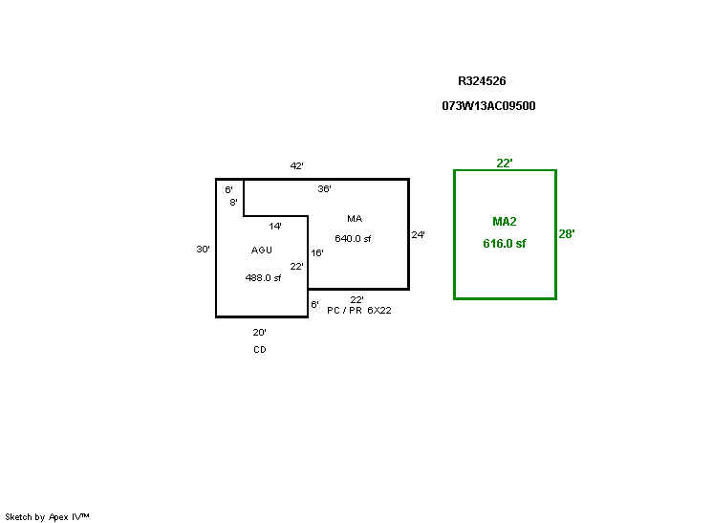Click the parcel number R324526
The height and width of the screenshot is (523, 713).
tap(487, 81)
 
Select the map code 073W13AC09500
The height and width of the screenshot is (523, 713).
tap(488, 106)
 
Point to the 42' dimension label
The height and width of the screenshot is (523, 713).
tap(297, 166)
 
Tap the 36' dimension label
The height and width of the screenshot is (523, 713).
tap(325, 189)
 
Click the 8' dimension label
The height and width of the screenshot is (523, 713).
tap(233, 203)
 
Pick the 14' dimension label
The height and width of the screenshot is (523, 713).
tap(275, 227)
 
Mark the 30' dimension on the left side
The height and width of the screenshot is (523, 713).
tap(203, 250)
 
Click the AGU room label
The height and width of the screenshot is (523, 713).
tap(262, 251)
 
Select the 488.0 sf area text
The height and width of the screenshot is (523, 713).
tap(263, 278)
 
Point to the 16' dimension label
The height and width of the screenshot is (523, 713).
tap(317, 253)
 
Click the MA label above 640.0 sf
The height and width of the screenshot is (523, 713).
tap(355, 219)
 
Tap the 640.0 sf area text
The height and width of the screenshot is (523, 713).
tap(353, 239)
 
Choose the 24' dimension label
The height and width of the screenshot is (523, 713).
tap(418, 234)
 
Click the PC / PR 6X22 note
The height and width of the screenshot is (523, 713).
tap(358, 311)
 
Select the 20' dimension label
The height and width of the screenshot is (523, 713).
tap(259, 333)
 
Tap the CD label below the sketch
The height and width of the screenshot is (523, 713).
tap(260, 350)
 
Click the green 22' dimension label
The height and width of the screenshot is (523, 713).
tap(505, 163)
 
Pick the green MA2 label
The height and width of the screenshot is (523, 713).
tap(505, 222)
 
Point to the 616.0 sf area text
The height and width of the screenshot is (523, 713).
tap(505, 244)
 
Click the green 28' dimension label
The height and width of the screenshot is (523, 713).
tap(567, 234)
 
